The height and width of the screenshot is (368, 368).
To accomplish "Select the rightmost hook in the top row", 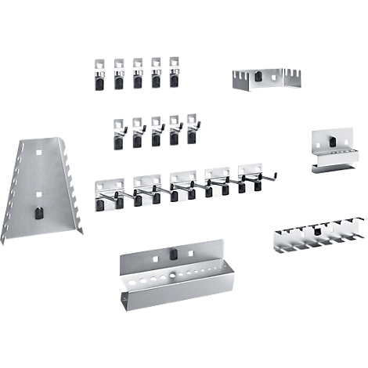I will [175, 72].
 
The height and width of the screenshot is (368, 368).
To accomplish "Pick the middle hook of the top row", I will [138, 72].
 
